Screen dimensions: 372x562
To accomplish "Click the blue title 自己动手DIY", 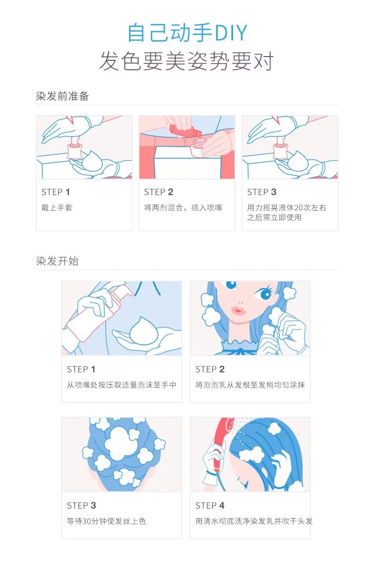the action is coord(187,33).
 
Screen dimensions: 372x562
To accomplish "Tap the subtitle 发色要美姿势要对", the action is coord(186,61).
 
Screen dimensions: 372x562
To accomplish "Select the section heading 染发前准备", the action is coord(62,96).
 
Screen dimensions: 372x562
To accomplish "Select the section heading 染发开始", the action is coord(57,261).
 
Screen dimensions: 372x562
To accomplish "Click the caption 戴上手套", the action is coord(57,207).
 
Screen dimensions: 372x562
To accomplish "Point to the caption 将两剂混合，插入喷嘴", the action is coord(183,207).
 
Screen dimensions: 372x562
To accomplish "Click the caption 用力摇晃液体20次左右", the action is coord(286,207).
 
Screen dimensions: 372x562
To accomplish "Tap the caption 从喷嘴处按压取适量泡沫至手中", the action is coord(121,385).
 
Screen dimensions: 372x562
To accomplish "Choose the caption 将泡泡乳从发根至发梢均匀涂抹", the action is coord(250,385).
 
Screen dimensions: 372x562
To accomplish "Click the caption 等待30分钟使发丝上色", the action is coord(106,521).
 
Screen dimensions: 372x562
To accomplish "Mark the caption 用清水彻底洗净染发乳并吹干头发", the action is coord(254,521).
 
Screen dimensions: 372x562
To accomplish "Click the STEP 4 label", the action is coord(210,505).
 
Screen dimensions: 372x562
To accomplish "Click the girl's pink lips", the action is coord(237,309).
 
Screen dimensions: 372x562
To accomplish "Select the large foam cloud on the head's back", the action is coord(123,439).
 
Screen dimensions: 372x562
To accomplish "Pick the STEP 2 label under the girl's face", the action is coord(210,369).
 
